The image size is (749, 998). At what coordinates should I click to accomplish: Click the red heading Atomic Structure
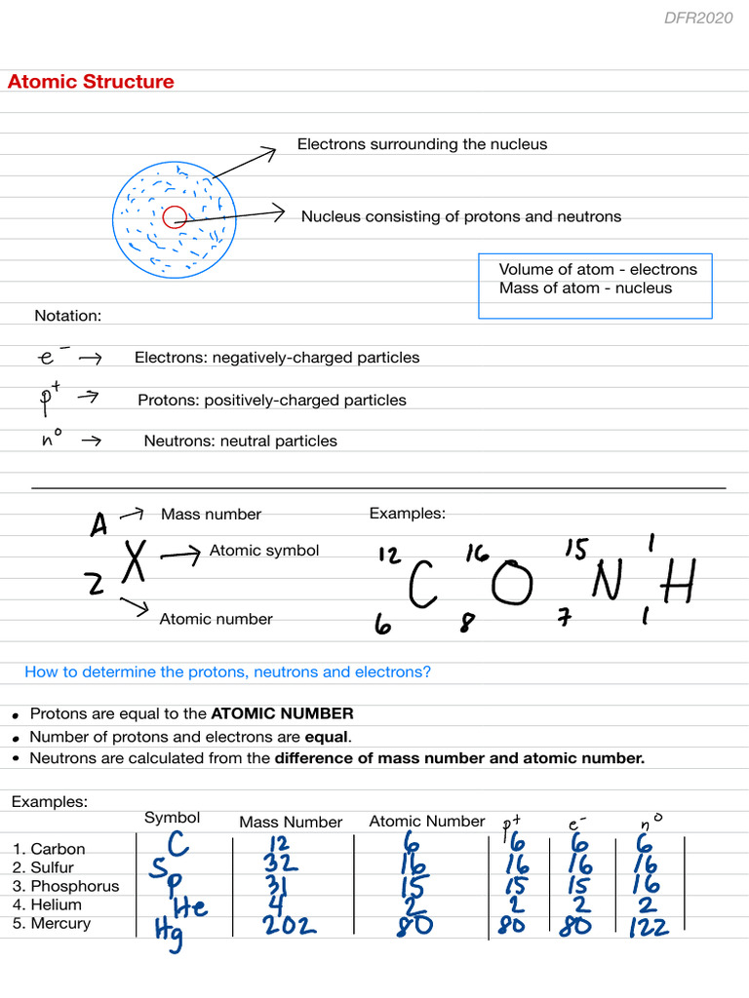[x=91, y=82]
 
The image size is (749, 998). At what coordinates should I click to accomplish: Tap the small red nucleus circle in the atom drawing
[x=175, y=217]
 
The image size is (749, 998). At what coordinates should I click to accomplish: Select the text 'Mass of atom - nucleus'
[x=585, y=288]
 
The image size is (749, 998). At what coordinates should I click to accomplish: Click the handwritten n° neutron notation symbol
[x=52, y=440]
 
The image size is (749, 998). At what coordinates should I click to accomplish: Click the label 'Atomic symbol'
[x=263, y=551]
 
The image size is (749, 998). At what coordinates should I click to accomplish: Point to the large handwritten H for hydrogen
[x=677, y=585]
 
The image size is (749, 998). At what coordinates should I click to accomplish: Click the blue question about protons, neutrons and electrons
[x=227, y=672]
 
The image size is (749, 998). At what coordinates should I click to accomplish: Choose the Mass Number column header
[x=291, y=822]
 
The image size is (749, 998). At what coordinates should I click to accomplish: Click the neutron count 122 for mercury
[x=648, y=926]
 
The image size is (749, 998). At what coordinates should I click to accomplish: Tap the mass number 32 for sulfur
[x=280, y=864]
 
